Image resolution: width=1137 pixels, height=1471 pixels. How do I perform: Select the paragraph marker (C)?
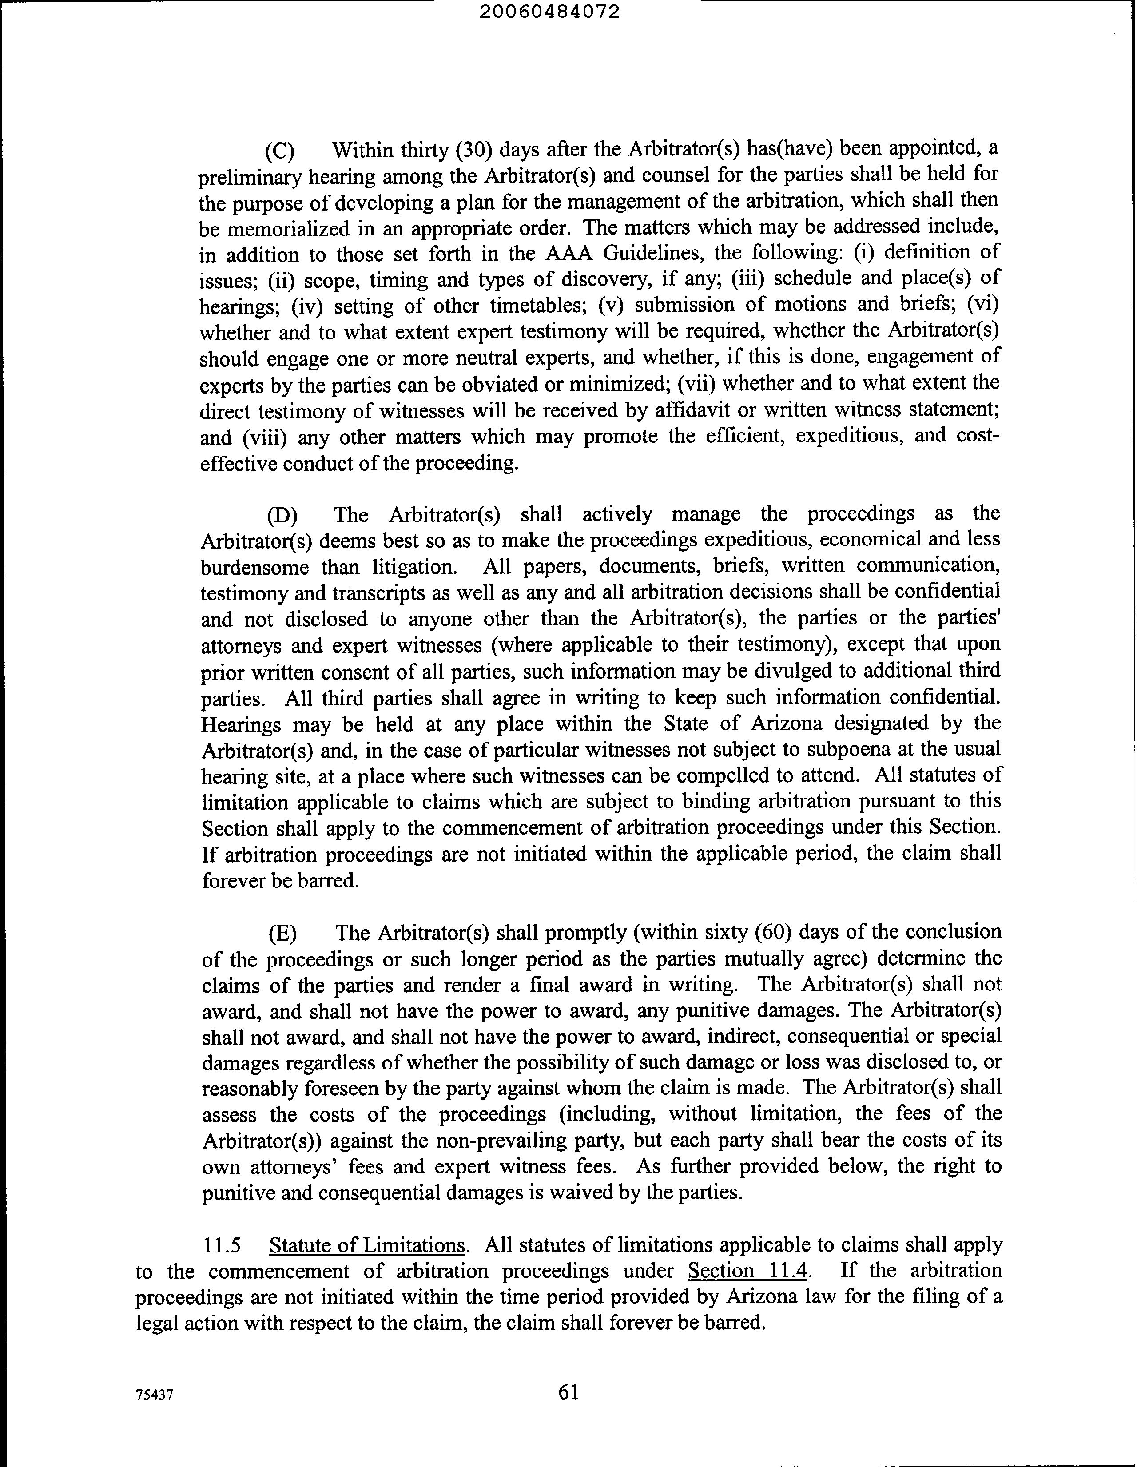click(x=279, y=150)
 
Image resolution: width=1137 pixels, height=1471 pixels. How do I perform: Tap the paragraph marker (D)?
click(x=282, y=516)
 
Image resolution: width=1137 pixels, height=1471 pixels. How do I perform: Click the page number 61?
click(x=568, y=1392)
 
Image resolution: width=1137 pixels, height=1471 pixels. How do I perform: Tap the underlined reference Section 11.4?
click(x=747, y=1271)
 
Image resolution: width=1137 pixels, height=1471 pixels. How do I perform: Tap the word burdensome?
click(x=254, y=567)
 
